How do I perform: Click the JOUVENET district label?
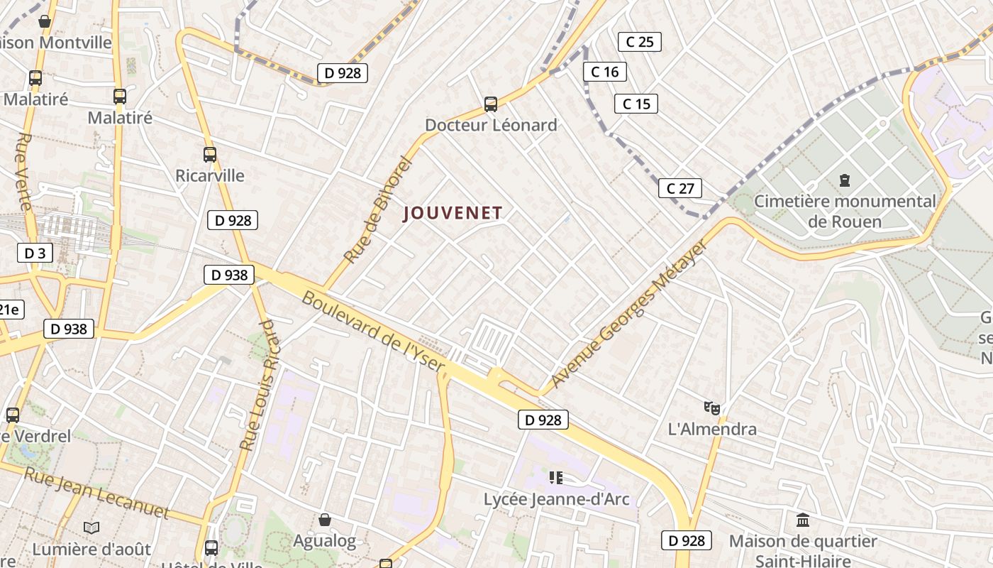(x=453, y=213)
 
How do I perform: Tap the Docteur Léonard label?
(x=491, y=126)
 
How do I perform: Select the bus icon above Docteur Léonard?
(x=490, y=104)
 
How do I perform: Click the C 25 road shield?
(x=639, y=42)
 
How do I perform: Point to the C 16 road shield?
(x=604, y=72)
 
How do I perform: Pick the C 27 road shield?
(x=679, y=188)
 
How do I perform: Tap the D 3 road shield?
(x=35, y=253)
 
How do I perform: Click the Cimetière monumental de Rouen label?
(x=845, y=211)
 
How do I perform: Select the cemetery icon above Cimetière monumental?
(x=845, y=180)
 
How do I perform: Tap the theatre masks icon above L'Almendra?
(x=712, y=408)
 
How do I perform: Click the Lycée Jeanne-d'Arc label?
(x=556, y=499)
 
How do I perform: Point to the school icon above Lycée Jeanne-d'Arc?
(x=556, y=477)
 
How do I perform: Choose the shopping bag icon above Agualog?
(x=325, y=520)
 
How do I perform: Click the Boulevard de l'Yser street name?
(x=373, y=332)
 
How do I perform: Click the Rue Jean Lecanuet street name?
(x=96, y=492)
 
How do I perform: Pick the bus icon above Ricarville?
(x=210, y=154)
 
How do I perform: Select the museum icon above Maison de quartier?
(x=803, y=520)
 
